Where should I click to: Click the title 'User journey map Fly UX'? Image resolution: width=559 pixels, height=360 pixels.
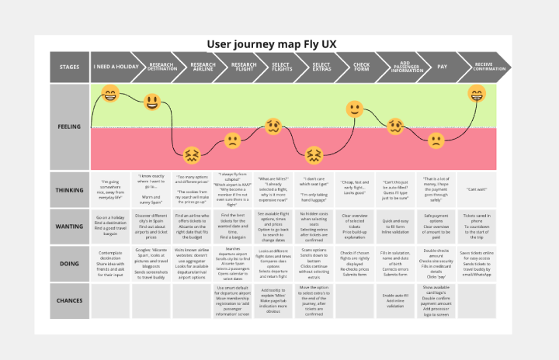(x=280, y=44)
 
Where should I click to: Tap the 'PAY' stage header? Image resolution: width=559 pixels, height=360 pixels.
(x=442, y=67)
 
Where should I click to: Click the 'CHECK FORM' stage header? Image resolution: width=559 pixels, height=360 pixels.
(x=360, y=67)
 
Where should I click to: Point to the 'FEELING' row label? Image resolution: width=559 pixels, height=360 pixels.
(x=69, y=126)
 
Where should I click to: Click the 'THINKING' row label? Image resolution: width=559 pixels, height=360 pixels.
(x=69, y=189)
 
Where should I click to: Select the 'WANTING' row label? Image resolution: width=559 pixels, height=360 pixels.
(x=69, y=227)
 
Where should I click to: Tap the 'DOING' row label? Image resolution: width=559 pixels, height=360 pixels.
(x=69, y=264)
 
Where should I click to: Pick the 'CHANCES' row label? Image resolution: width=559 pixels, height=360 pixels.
(x=69, y=300)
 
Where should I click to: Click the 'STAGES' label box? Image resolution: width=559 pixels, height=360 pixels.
(x=69, y=67)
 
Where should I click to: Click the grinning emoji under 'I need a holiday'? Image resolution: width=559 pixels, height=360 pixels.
(x=110, y=95)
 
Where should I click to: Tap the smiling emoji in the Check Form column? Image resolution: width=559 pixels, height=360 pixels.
(x=354, y=109)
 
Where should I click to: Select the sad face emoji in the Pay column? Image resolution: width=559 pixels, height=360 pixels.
(x=436, y=140)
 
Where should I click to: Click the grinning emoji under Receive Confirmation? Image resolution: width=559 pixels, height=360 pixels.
(x=476, y=95)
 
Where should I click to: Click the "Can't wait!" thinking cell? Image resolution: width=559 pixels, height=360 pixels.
(x=476, y=189)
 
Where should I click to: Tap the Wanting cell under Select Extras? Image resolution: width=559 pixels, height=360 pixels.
(x=314, y=227)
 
